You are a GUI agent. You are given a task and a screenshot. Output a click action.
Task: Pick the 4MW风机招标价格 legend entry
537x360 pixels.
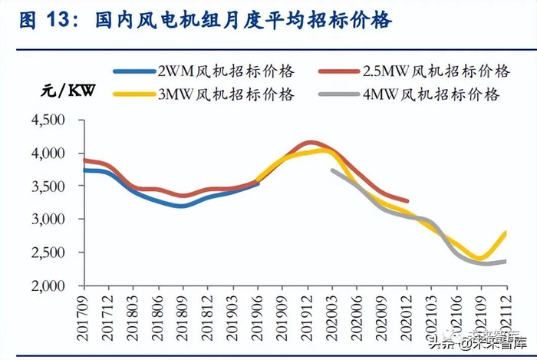(445, 94)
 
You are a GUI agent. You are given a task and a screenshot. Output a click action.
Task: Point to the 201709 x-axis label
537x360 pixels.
(83, 311)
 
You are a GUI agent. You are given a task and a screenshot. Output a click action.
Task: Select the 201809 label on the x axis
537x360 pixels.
(183, 311)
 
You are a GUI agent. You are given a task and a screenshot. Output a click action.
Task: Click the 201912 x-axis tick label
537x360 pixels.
(308, 311)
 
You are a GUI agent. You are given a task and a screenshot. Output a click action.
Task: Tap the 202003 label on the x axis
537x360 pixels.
(332, 311)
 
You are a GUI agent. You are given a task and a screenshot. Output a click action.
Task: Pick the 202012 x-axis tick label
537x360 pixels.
(407, 311)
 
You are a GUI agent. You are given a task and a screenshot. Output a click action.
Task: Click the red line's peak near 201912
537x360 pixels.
(309, 142)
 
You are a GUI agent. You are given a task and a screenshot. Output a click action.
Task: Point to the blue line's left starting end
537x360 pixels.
(84, 170)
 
